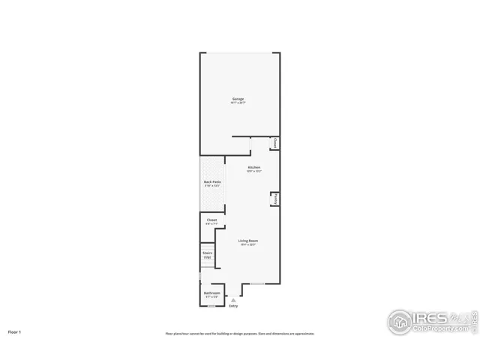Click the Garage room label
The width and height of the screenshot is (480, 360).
(238, 98)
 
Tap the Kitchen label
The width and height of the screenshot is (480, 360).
(254, 166)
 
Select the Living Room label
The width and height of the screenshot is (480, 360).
(248, 241)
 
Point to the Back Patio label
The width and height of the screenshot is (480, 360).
(212, 181)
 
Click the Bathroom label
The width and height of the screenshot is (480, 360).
(212, 292)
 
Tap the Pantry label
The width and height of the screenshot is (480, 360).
(276, 199)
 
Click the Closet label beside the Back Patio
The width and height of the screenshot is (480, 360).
(211, 220)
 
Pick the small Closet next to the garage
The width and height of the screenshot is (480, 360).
(275, 142)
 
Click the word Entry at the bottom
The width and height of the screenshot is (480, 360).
(233, 306)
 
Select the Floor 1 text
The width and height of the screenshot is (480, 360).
(15, 331)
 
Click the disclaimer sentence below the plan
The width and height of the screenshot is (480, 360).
(239, 334)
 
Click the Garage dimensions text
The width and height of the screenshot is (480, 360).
(238, 103)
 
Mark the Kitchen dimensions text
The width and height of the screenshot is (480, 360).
(254, 171)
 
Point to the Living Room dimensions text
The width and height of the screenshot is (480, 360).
(248, 245)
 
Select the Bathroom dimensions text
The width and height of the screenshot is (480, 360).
(212, 297)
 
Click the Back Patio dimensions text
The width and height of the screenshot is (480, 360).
(212, 186)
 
